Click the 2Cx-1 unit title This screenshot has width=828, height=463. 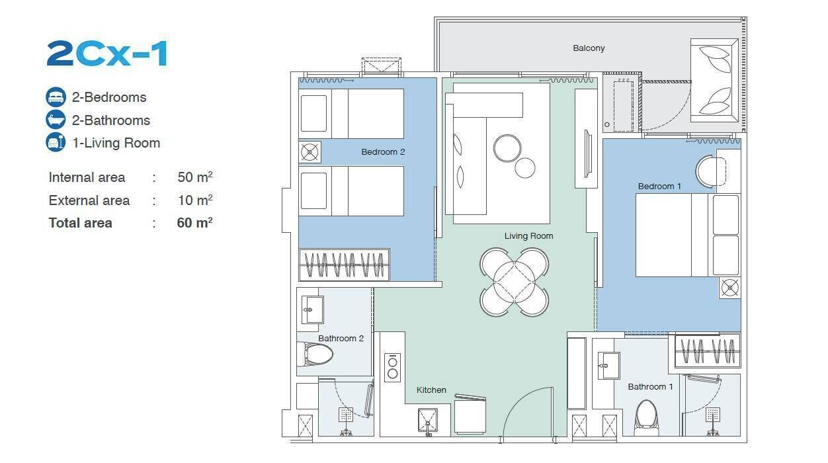[x=107, y=54]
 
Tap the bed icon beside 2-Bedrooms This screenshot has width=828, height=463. [x=56, y=97]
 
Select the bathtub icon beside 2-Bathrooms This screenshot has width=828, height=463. [x=56, y=120]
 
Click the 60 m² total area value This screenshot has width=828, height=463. [x=195, y=222]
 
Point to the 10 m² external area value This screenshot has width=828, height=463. [x=195, y=200]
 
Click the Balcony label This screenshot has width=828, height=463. [x=589, y=48]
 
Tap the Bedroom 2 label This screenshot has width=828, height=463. [x=383, y=151]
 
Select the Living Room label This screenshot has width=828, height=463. [x=528, y=236]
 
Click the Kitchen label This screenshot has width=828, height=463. [x=431, y=390]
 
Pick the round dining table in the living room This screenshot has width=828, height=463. [x=514, y=282]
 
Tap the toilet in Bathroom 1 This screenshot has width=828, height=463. [x=647, y=418]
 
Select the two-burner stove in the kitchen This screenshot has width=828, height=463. [x=393, y=368]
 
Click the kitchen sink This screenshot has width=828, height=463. [x=428, y=421]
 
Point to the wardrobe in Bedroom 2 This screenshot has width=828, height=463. [x=344, y=265]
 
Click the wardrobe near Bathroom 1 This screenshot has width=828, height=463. [x=708, y=351]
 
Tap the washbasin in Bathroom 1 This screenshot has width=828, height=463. [x=608, y=365]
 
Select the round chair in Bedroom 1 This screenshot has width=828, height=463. [x=710, y=171]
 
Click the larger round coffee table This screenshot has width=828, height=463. [x=507, y=148]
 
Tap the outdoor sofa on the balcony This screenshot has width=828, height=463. [x=714, y=80]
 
